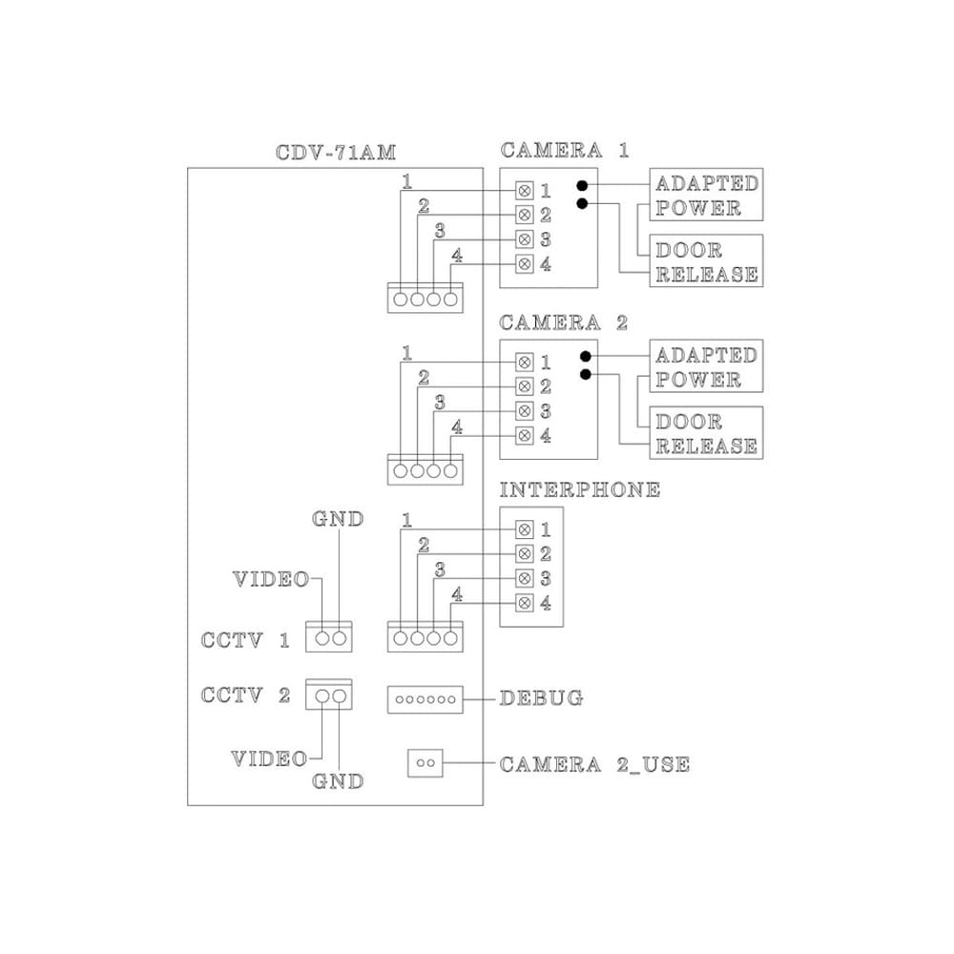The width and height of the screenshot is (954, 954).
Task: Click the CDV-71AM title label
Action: pyautogui.click(x=335, y=152)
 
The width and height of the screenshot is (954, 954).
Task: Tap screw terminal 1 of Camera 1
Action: pyautogui.click(x=525, y=191)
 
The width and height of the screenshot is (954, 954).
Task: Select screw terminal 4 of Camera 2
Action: pyautogui.click(x=525, y=436)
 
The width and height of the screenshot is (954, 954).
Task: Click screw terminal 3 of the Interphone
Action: pyautogui.click(x=525, y=578)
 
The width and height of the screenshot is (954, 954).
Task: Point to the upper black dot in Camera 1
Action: pyautogui.click(x=582, y=185)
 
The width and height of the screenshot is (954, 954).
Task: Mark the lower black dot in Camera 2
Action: pyautogui.click(x=586, y=374)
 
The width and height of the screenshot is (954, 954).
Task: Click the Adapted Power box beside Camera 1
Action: pyautogui.click(x=706, y=195)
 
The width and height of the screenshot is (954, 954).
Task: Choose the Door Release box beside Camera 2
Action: pyautogui.click(x=706, y=432)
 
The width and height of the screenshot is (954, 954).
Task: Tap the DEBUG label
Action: pyautogui.click(x=541, y=698)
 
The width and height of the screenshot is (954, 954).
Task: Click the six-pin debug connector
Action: pyautogui.click(x=425, y=699)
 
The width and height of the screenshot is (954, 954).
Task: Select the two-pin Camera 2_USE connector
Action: pyautogui.click(x=425, y=763)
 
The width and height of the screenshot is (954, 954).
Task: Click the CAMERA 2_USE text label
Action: pyautogui.click(x=594, y=764)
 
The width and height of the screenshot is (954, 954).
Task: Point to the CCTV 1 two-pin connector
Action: pyautogui.click(x=328, y=636)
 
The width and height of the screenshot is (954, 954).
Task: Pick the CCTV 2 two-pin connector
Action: pyautogui.click(x=328, y=695)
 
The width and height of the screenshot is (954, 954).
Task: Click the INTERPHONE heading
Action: pyautogui.click(x=580, y=489)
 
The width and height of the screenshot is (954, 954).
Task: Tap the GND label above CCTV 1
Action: pyautogui.click(x=338, y=519)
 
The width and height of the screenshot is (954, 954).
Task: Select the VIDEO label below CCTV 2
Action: pyautogui.click(x=270, y=758)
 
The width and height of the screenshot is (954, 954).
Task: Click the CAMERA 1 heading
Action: pyautogui.click(x=565, y=151)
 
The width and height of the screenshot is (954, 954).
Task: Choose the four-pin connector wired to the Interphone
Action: pyautogui.click(x=425, y=636)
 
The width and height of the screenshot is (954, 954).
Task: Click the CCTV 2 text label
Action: pyautogui.click(x=245, y=695)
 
